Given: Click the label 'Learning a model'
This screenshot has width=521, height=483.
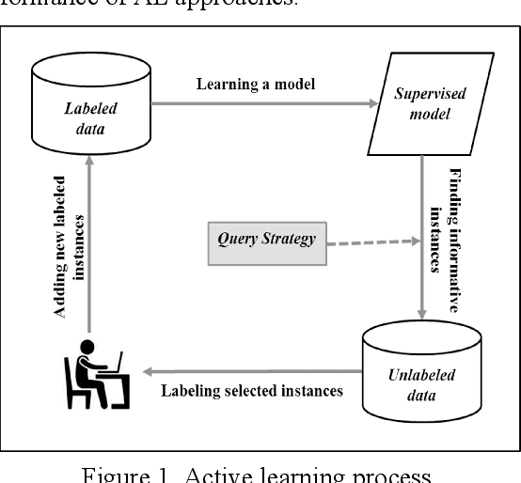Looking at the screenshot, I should click(255, 84).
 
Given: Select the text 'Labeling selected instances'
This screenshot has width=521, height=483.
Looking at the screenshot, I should click(252, 390).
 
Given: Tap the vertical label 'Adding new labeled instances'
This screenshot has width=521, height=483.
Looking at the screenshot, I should click(70, 246).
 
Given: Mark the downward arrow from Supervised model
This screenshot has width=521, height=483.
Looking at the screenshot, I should click(422, 235).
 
